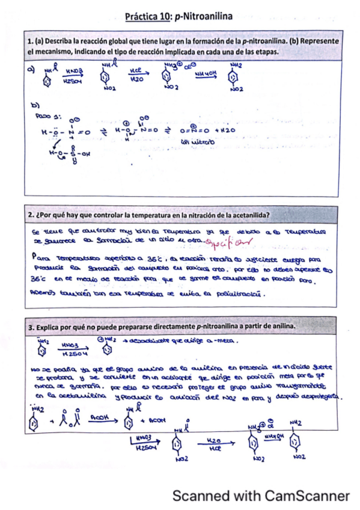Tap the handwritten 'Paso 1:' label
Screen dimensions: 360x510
(x=47, y=117)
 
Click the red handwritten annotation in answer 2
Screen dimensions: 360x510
(x=229, y=242)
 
